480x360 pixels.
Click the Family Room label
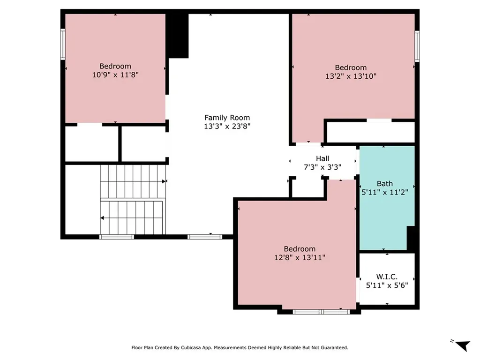point(227,118)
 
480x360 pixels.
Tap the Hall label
point(322,159)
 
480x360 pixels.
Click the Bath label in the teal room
point(385,184)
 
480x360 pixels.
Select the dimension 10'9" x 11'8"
point(115,74)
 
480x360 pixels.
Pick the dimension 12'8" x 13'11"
point(300,257)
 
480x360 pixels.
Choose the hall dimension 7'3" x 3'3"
point(322,167)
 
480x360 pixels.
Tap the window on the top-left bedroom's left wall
point(62,44)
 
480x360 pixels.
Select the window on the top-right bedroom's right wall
point(417,46)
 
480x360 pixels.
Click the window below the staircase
point(117,237)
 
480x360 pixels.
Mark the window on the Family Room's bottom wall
point(205,237)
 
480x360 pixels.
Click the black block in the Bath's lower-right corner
point(411,238)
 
